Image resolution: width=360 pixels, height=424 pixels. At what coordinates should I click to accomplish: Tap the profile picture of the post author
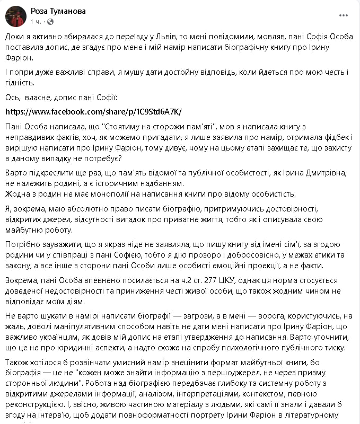click(x=16, y=16)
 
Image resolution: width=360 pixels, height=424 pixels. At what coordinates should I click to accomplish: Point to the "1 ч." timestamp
click(x=36, y=22)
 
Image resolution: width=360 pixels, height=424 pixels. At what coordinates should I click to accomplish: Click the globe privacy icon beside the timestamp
click(x=50, y=22)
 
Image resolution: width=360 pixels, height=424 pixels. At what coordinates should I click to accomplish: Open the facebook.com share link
click(x=93, y=112)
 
